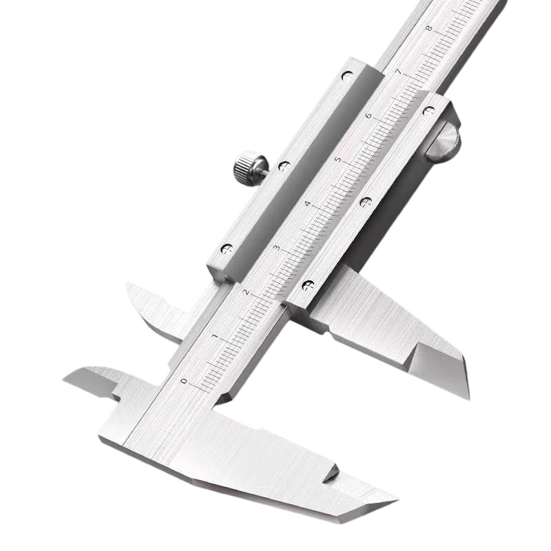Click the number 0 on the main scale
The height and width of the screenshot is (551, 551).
(183, 381)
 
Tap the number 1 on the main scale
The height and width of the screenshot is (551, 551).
(215, 337)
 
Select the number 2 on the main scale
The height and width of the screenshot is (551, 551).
(246, 292)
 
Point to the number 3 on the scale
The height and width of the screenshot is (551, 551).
(277, 248)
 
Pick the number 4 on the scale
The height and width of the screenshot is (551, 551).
(307, 204)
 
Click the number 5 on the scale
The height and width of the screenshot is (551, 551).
(337, 160)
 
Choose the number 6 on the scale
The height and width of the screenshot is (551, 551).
(368, 116)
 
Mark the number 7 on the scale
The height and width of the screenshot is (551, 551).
(399, 72)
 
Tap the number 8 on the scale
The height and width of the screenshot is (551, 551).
(429, 28)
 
